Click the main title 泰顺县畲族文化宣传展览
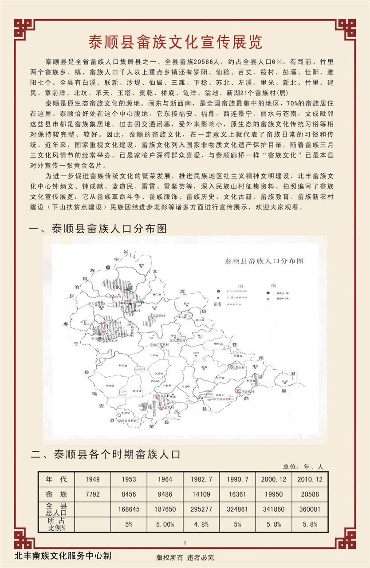coord(175,42)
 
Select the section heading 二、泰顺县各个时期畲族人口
coord(106,454)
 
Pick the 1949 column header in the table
coord(93,479)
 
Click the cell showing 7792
coord(93,494)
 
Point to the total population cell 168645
coord(129,509)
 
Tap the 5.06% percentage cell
coord(165,524)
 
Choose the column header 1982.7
coord(201,479)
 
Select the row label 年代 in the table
coord(56,479)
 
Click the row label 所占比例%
coord(56,524)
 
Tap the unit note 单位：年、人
coord(303,466)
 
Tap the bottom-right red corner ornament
coord(346,538)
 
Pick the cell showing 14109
coord(201,494)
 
